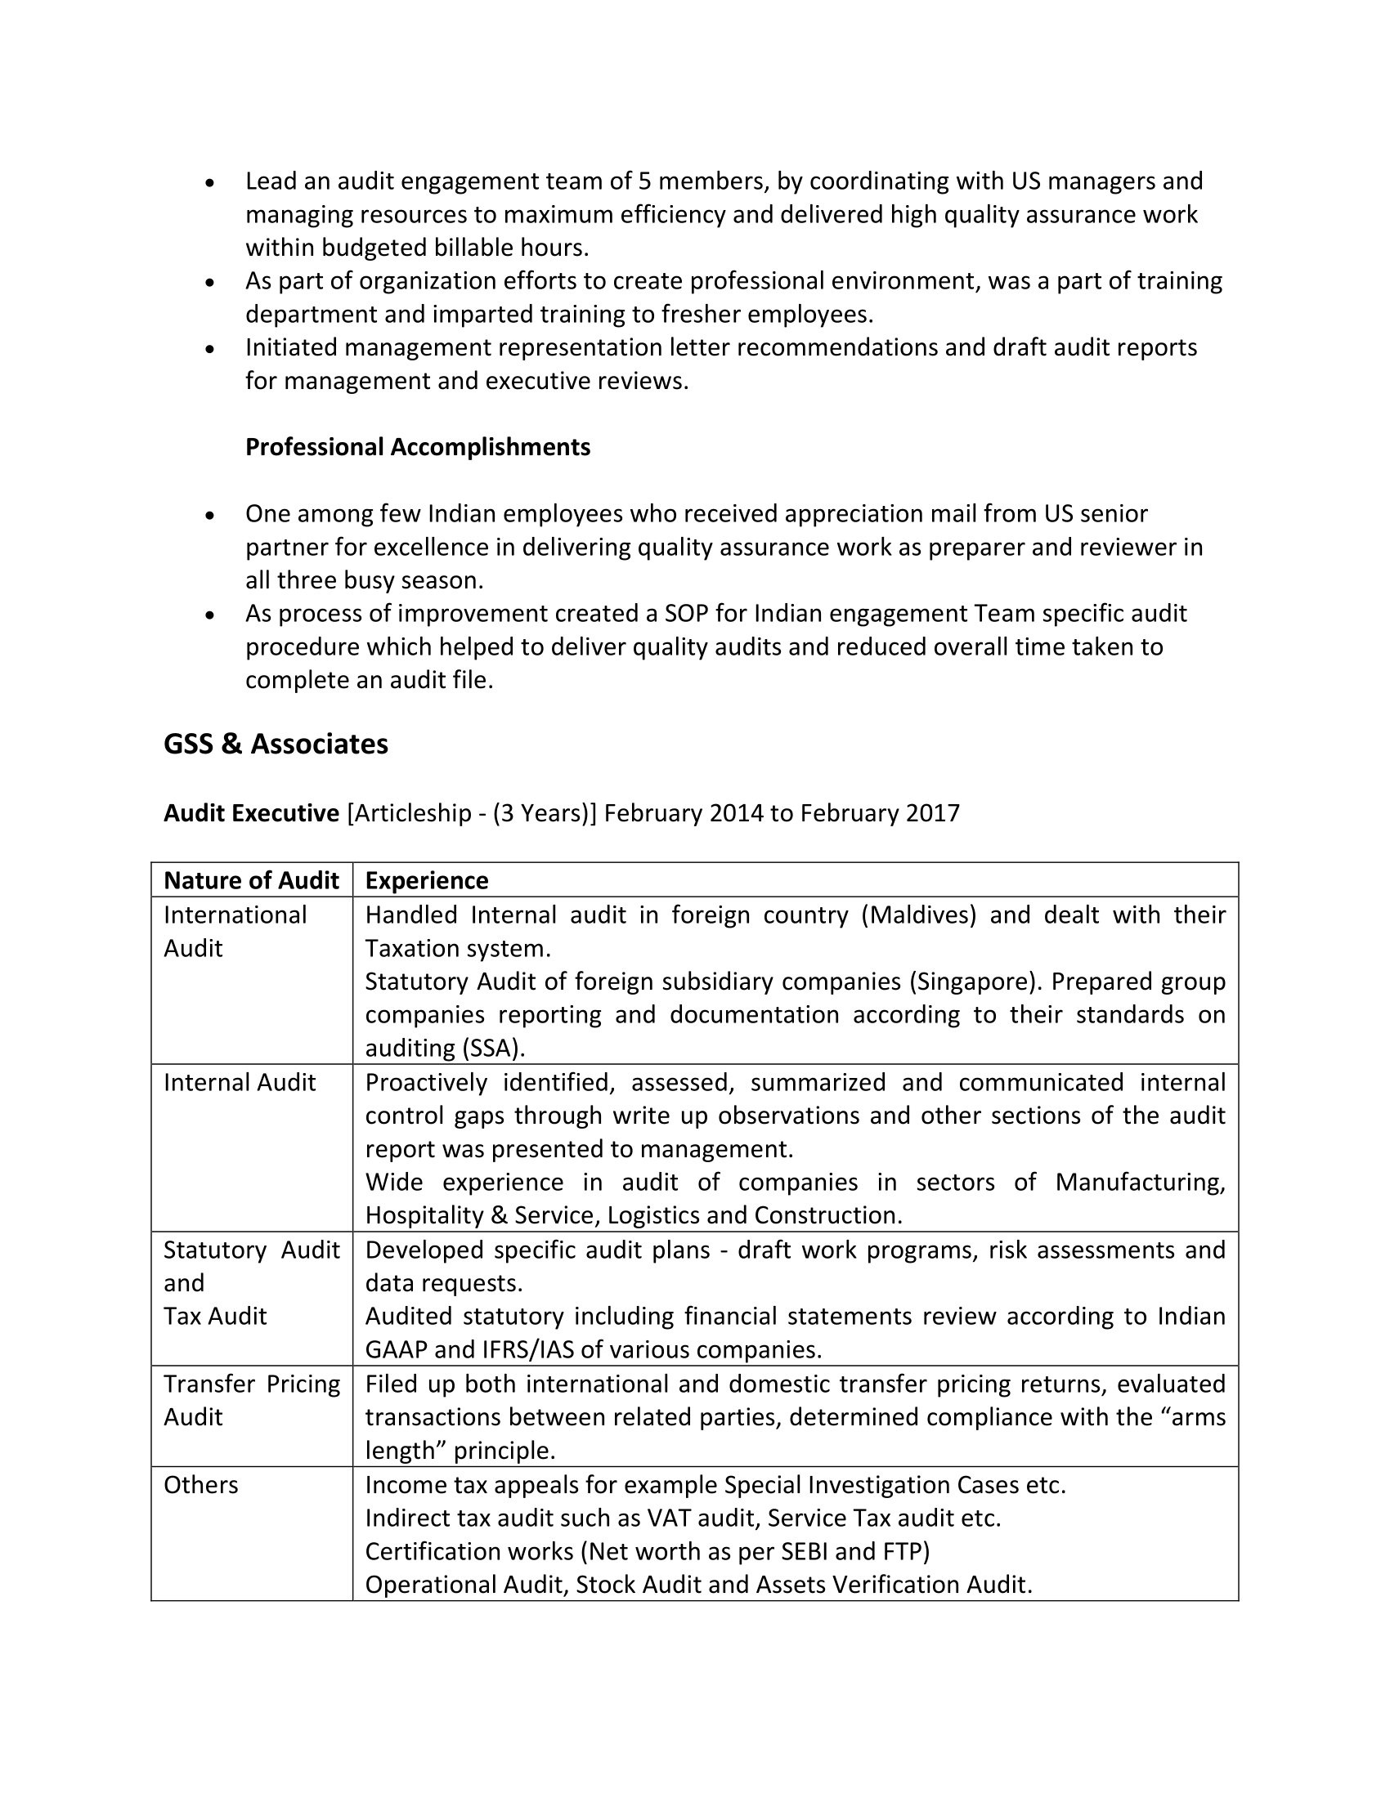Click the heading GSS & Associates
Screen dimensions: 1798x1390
point(276,745)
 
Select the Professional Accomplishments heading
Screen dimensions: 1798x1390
point(418,447)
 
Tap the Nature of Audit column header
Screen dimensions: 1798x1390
point(251,881)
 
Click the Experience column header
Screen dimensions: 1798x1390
point(427,881)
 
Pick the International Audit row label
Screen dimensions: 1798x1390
point(235,932)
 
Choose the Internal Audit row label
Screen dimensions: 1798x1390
point(239,1083)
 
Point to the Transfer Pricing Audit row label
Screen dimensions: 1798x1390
point(251,1400)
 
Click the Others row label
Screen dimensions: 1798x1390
point(201,1485)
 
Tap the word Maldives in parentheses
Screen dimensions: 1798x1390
point(918,915)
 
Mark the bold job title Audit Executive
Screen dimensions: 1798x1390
point(251,813)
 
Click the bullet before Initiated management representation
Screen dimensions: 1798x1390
point(211,349)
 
